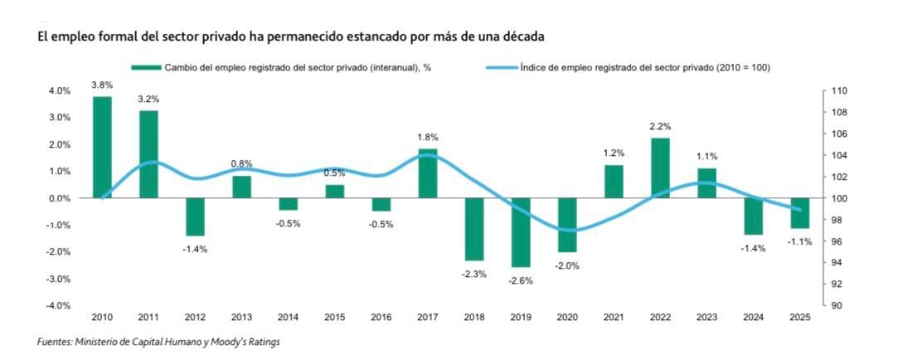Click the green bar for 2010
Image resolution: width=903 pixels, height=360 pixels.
[x=102, y=148]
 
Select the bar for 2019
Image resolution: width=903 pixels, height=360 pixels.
[x=521, y=232]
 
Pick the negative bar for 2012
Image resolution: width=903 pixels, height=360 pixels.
[x=195, y=216]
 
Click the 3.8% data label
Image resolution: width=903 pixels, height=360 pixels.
[x=102, y=85]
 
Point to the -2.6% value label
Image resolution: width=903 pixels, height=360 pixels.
[x=521, y=280]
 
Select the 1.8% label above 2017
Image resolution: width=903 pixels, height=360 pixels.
[x=428, y=137]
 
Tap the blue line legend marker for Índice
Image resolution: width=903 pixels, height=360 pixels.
[x=499, y=68]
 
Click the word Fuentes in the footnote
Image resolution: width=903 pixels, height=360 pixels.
[x=55, y=343]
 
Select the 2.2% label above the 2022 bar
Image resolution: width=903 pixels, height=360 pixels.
[x=660, y=126]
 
